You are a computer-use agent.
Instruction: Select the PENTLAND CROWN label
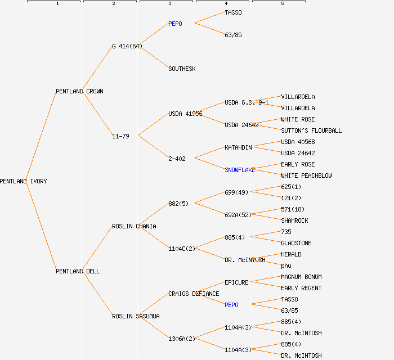[x=79, y=91]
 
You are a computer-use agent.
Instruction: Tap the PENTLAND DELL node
[x=78, y=271]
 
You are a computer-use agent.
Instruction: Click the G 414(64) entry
[x=127, y=46]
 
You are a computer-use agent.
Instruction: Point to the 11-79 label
[x=120, y=136]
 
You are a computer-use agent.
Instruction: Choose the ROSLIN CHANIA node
[x=134, y=226]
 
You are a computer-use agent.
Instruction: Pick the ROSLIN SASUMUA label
[x=136, y=316]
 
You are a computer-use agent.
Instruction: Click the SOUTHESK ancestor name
[x=182, y=69]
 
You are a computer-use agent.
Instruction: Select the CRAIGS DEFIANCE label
[x=194, y=294]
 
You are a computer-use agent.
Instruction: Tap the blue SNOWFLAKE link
[x=240, y=170]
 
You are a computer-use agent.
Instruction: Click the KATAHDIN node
[x=238, y=147]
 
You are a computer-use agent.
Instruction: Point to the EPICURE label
[x=236, y=282]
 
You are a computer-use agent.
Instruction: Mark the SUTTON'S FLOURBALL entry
[x=311, y=130]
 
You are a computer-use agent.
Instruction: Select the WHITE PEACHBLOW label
[x=306, y=175]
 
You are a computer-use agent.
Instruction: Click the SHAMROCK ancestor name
[x=294, y=220]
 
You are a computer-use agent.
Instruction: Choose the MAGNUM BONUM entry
[x=301, y=277]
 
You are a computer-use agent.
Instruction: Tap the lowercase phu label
[x=286, y=265]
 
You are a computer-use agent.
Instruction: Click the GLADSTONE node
[x=296, y=243]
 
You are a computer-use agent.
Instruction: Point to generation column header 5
[x=283, y=4]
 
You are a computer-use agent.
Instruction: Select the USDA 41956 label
[x=185, y=114]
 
